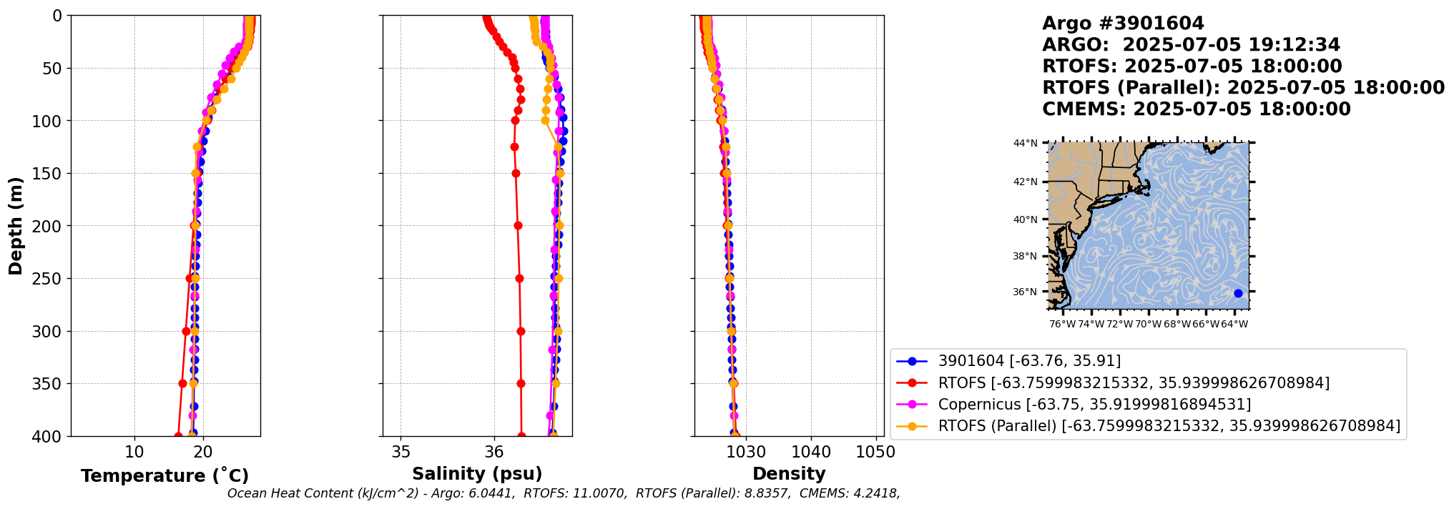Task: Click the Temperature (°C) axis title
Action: coord(164,476)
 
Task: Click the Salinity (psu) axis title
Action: coord(477,474)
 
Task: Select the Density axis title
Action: coord(789,474)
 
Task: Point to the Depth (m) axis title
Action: coord(16,226)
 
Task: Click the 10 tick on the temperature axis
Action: coord(134,452)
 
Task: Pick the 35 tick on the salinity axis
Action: coord(401,452)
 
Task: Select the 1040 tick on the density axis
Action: coord(811,452)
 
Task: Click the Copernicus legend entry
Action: coord(1094,405)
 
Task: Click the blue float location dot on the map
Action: coord(1238,293)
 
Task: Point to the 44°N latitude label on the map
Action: coord(1025,144)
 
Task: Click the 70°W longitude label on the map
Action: coord(1148,325)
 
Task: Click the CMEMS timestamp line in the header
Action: coord(1196,109)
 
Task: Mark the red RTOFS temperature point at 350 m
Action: coord(182,383)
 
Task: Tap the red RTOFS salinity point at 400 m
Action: coord(521,435)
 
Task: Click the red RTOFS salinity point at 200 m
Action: coord(518,226)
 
